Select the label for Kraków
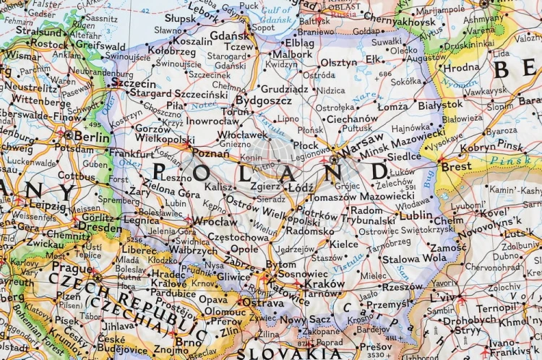(x=324, y=284)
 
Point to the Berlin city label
(x=91, y=137)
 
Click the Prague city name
(x=72, y=267)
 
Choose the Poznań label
(x=212, y=153)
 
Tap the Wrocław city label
(x=214, y=222)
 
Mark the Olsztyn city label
(x=338, y=63)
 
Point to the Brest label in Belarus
(x=456, y=166)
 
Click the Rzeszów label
(x=403, y=286)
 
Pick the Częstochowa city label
(x=239, y=236)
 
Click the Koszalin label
(x=192, y=42)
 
